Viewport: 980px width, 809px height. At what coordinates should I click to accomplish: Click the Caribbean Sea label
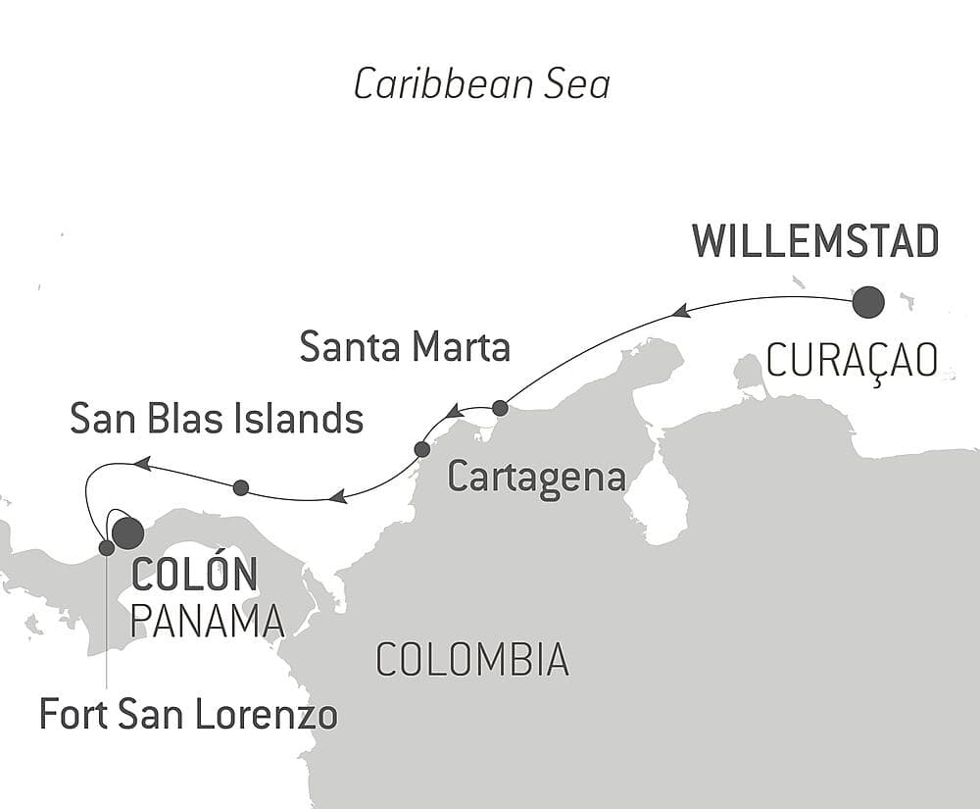pos(481,85)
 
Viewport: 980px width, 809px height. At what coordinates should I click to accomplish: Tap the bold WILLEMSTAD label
pos(815,241)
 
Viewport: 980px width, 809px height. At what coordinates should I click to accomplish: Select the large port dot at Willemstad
pos(868,302)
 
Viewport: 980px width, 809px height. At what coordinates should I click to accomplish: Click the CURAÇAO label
pos(851,362)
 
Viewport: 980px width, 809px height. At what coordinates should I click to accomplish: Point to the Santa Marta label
pos(405,347)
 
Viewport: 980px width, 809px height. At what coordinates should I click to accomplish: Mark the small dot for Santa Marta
pos(500,407)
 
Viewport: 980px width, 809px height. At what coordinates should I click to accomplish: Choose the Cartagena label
pos(536,478)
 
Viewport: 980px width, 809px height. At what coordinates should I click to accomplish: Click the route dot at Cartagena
pos(422,449)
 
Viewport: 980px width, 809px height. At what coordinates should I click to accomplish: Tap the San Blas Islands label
pos(217,420)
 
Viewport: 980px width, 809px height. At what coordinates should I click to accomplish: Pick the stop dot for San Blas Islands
pos(241,486)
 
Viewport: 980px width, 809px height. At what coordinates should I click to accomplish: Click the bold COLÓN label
pos(194,575)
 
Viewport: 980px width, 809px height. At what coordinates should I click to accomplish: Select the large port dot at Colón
pos(127,532)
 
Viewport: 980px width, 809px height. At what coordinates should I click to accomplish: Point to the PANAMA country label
pos(207,621)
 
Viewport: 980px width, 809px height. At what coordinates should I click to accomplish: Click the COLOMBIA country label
pos(471,660)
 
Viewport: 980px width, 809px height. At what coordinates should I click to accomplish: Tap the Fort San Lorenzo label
pos(188,715)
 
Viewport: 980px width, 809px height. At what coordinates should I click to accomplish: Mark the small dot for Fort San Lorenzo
pos(107,547)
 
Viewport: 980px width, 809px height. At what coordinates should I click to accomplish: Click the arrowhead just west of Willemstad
pos(679,311)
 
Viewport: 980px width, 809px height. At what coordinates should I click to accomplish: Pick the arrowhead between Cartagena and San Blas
pos(337,496)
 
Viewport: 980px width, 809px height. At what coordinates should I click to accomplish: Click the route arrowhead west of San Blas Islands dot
pos(142,463)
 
